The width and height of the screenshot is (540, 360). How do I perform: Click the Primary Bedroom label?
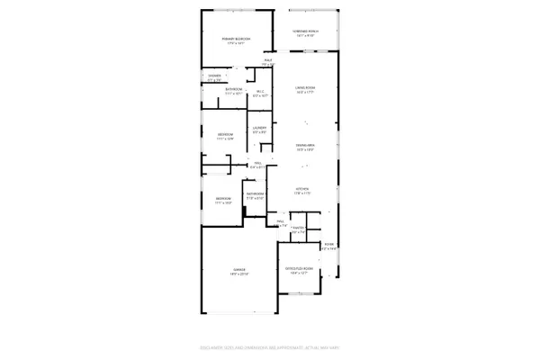point(235,39)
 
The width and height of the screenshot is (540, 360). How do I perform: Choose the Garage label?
point(238,270)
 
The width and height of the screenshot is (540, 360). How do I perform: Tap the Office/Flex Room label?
point(301,268)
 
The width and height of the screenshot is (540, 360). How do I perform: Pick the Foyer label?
point(329,245)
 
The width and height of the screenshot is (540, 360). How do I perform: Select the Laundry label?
point(258,130)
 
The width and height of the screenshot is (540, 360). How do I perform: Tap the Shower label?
point(214,76)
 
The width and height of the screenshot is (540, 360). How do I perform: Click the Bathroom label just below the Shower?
point(233,90)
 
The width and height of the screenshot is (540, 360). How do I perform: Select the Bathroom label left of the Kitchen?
point(255,193)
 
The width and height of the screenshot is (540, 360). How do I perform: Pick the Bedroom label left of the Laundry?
point(225,135)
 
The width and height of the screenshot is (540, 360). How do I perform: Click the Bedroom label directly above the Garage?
point(223,199)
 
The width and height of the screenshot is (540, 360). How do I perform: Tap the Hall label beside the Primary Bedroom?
point(267,61)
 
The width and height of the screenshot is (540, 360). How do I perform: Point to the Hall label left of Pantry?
point(280,221)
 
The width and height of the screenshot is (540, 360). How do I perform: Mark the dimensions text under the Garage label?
point(238,274)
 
